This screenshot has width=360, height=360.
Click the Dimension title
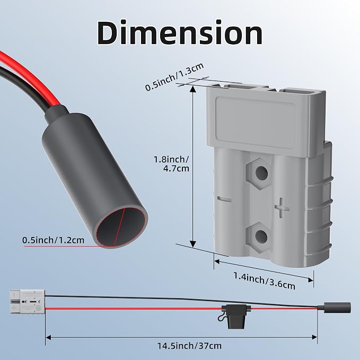click(180, 32)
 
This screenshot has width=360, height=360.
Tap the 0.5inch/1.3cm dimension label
click(174, 77)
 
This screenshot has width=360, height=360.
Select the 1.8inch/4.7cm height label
click(171, 164)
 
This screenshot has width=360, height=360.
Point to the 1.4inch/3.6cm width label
click(264, 280)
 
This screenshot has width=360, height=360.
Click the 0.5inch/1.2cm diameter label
click(53, 240)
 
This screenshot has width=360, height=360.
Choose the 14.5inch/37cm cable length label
click(189, 346)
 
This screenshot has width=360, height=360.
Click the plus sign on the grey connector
click(282, 208)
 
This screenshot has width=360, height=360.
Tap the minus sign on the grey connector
click(224, 199)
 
